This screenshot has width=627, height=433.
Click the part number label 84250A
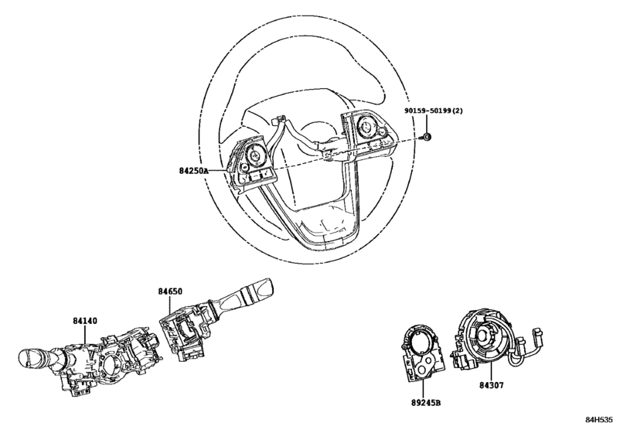tap(193, 171)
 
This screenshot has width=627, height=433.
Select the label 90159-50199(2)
tap(433, 111)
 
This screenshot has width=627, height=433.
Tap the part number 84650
tap(170, 292)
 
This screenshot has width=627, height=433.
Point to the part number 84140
tap(85, 321)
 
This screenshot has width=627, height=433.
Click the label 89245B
tap(426, 403)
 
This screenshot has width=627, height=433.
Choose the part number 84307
tap(492, 385)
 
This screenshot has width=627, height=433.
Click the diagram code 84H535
tap(599, 419)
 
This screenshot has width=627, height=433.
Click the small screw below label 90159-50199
tap(426, 137)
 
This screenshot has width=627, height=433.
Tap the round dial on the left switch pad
tap(254, 154)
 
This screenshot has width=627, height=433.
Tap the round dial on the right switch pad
tap(366, 127)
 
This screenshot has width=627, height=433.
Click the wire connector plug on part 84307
tap(537, 335)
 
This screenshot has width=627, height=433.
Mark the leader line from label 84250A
tap(218, 171)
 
